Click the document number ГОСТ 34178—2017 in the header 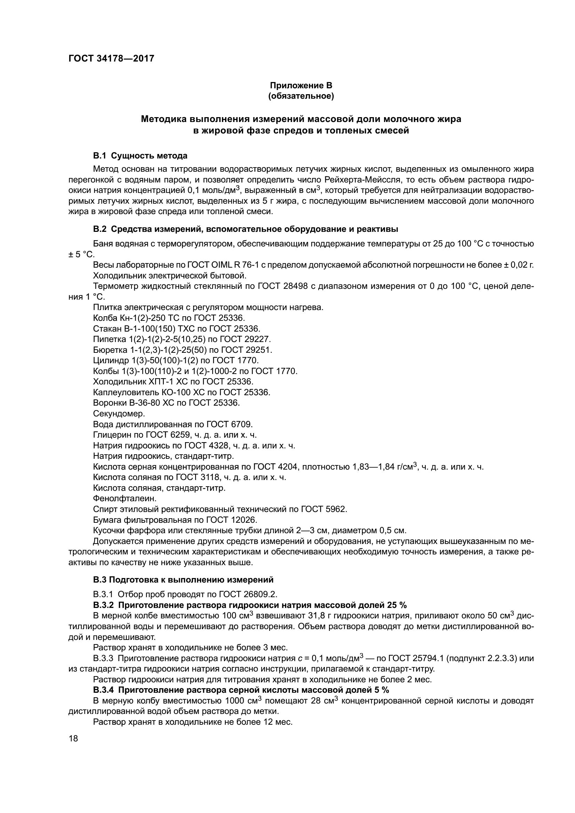coord(111,58)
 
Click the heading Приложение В coord(301,86)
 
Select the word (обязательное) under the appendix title coord(301,96)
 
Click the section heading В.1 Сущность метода coord(140,156)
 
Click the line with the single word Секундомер coord(119,414)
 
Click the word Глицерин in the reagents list coord(109,435)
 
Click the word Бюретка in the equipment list coord(110,350)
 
